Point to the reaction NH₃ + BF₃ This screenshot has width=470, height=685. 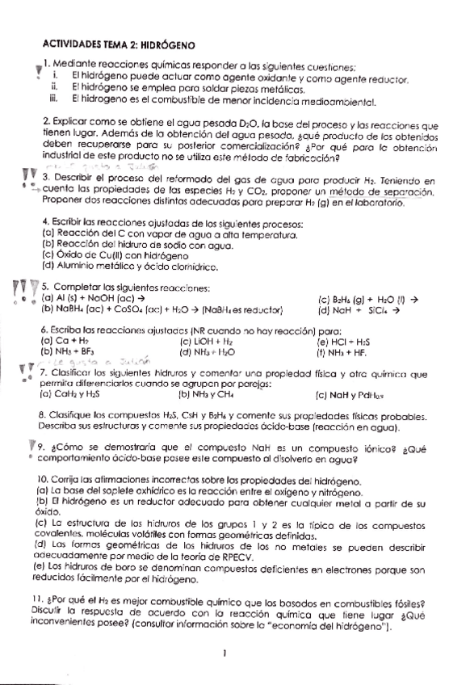pos(69,351)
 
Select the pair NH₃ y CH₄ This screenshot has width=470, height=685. pos(206,395)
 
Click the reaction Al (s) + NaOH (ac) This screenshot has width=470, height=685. pos(97,297)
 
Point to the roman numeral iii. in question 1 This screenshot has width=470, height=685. pos(54,101)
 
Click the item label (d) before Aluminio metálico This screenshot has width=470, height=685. pos(47,264)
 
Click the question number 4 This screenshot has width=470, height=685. pos(44,221)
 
